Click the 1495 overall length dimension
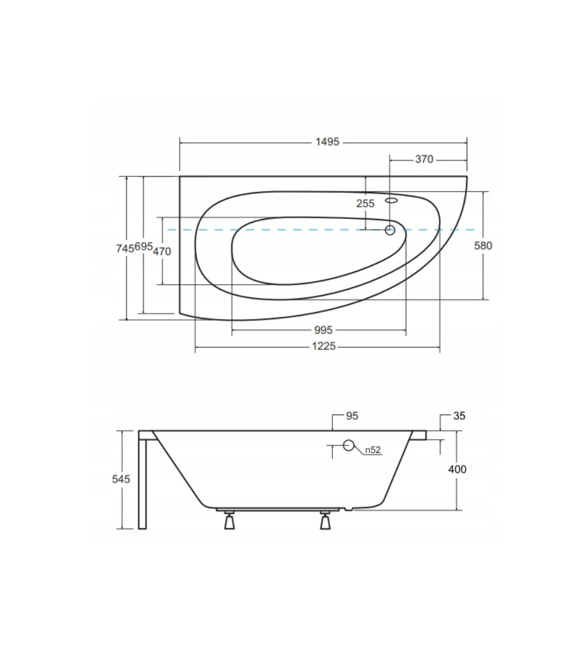coord(327,142)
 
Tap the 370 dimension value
coord(424,159)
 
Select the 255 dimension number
coord(365,203)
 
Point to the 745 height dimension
coord(125,249)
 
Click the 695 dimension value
coord(144,246)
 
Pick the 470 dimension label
coord(162,251)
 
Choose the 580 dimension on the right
coord(483,246)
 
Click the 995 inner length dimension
coord(323,330)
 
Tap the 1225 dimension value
coord(324,346)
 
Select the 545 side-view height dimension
coord(121,479)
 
